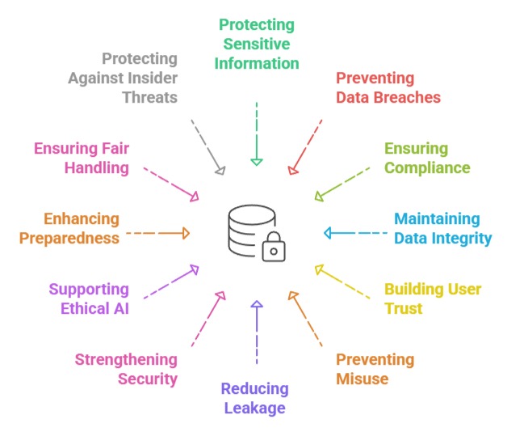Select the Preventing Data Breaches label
[x=388, y=88]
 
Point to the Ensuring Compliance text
[x=427, y=159]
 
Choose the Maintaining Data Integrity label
[x=442, y=228]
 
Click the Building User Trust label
[x=433, y=298]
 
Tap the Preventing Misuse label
[x=375, y=369]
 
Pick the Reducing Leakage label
[x=254, y=398]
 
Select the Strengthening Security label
[x=126, y=369]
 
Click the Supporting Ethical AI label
[x=89, y=298]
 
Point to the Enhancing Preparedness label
[x=70, y=228]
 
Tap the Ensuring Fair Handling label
[x=81, y=159]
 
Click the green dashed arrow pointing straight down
[x=257, y=133]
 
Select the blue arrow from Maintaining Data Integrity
[x=355, y=233]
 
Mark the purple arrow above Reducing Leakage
[x=257, y=332]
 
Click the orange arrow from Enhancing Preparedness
[x=158, y=233]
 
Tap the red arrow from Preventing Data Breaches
[x=306, y=146]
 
